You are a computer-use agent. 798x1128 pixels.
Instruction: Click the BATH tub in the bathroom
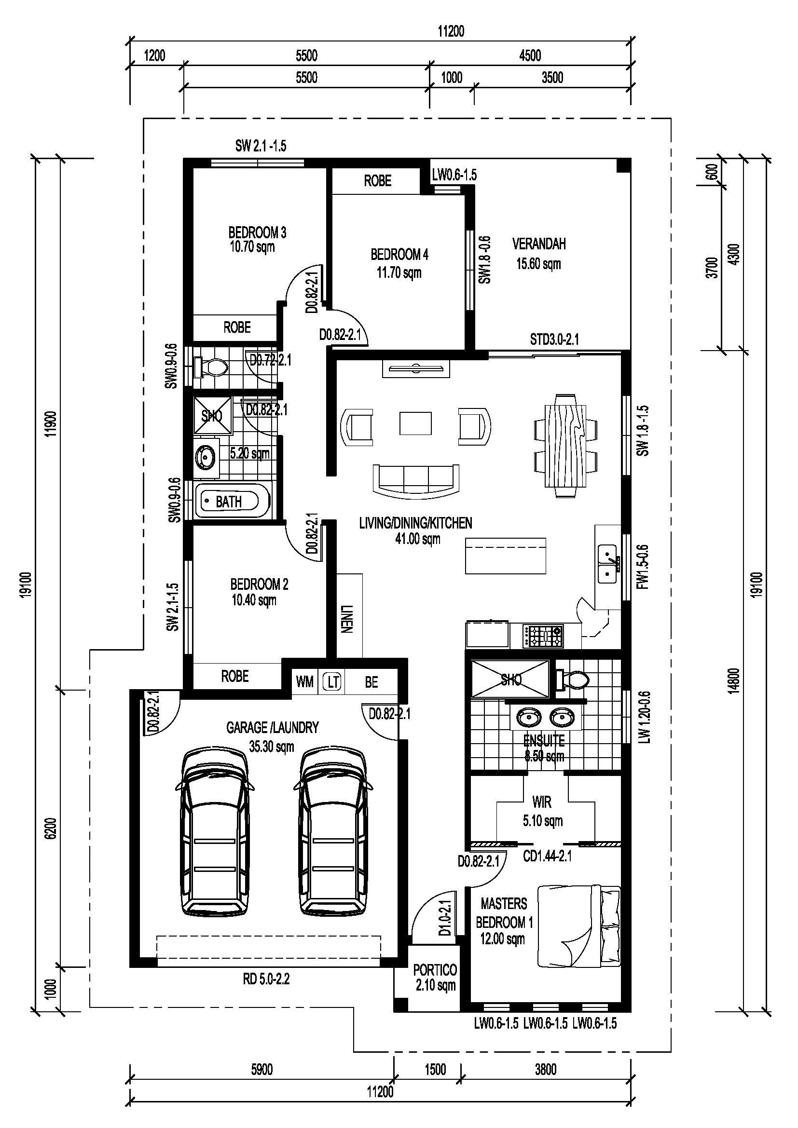(x=233, y=501)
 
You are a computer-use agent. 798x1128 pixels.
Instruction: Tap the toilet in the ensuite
(x=573, y=680)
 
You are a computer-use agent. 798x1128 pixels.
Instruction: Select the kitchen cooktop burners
(x=543, y=635)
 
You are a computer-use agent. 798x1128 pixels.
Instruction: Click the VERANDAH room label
(x=539, y=244)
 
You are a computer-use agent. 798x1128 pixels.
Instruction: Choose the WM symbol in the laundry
(x=304, y=682)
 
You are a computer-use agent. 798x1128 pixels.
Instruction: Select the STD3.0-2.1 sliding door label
(x=554, y=339)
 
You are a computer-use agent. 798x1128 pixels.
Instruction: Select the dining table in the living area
(x=565, y=446)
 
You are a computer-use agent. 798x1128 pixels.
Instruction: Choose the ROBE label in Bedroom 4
(x=377, y=181)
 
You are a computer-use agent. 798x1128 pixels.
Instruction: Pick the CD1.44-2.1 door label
(x=547, y=857)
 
